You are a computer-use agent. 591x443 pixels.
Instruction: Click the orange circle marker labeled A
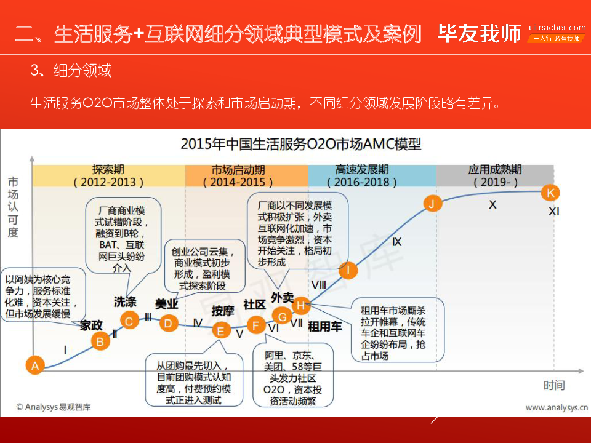35,365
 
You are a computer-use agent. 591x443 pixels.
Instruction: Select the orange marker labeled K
550,193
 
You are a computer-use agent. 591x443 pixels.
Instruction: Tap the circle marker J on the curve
433,203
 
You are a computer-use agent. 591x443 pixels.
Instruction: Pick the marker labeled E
221,330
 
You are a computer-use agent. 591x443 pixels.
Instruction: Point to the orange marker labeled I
348,269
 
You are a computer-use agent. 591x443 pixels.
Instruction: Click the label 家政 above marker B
91,325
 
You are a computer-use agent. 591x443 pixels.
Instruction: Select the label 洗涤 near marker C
125,302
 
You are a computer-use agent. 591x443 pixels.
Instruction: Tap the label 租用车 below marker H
324,327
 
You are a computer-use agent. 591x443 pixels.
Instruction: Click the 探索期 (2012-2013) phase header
108,176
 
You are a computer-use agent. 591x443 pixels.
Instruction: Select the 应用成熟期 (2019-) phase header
494,176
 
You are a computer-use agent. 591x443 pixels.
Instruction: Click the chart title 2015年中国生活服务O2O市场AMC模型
301,145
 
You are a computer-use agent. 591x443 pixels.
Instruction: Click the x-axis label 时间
553,386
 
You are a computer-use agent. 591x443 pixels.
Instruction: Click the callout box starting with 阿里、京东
292,375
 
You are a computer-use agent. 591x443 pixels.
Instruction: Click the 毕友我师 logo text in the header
479,34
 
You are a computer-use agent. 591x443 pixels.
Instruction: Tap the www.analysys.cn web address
556,407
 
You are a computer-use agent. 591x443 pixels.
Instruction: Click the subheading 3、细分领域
71,71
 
